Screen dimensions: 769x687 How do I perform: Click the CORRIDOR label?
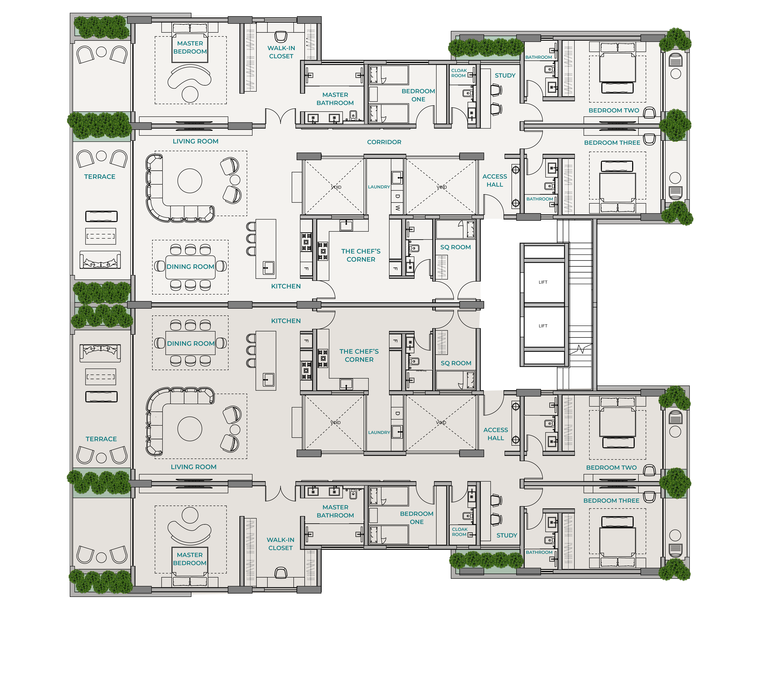point(384,142)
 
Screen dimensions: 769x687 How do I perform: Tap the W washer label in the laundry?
point(397,208)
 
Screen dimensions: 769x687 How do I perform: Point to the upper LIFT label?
point(543,282)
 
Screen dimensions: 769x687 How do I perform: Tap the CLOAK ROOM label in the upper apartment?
point(459,73)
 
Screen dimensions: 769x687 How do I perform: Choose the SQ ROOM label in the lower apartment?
point(456,363)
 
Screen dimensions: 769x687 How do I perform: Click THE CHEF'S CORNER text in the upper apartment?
point(361,255)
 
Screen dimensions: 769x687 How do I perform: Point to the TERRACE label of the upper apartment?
point(100,177)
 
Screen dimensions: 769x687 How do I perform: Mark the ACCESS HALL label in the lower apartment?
point(495,434)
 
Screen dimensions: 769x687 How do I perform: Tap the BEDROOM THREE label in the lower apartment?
point(611,501)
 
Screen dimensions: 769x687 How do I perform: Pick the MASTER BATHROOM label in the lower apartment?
point(335,511)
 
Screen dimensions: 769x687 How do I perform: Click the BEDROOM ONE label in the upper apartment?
point(418,95)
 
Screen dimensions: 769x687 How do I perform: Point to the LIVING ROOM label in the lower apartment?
point(194,467)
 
